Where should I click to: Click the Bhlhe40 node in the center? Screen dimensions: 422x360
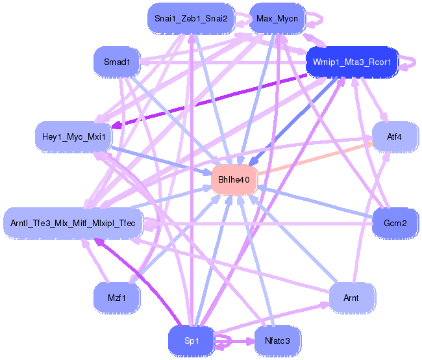point(234,179)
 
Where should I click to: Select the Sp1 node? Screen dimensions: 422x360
point(192,341)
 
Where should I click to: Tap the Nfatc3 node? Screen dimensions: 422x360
point(277,341)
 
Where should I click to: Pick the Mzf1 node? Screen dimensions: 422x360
point(116,298)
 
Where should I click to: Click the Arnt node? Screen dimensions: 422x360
point(351,298)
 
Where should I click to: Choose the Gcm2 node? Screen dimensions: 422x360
point(395,223)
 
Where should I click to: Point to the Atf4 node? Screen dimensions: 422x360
point(395,137)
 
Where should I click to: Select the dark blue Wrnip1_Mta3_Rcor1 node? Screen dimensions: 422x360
point(352,62)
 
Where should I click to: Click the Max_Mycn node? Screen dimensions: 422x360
point(277,19)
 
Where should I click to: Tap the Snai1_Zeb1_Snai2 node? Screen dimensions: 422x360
point(191,19)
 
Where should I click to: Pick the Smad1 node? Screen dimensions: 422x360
point(117,62)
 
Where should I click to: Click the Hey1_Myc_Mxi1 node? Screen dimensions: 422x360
point(74,137)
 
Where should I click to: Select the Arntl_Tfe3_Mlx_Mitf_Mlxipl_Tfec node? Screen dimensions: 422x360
point(73,223)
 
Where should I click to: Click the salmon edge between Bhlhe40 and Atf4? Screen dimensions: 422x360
point(315,159)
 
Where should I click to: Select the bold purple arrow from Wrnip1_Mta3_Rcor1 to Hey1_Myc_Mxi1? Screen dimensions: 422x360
point(209,101)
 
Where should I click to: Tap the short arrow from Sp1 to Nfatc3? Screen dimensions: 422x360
point(234,341)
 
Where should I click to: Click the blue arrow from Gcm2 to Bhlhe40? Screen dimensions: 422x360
point(315,202)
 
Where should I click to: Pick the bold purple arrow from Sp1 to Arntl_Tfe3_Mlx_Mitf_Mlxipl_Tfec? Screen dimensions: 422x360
point(137,281)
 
